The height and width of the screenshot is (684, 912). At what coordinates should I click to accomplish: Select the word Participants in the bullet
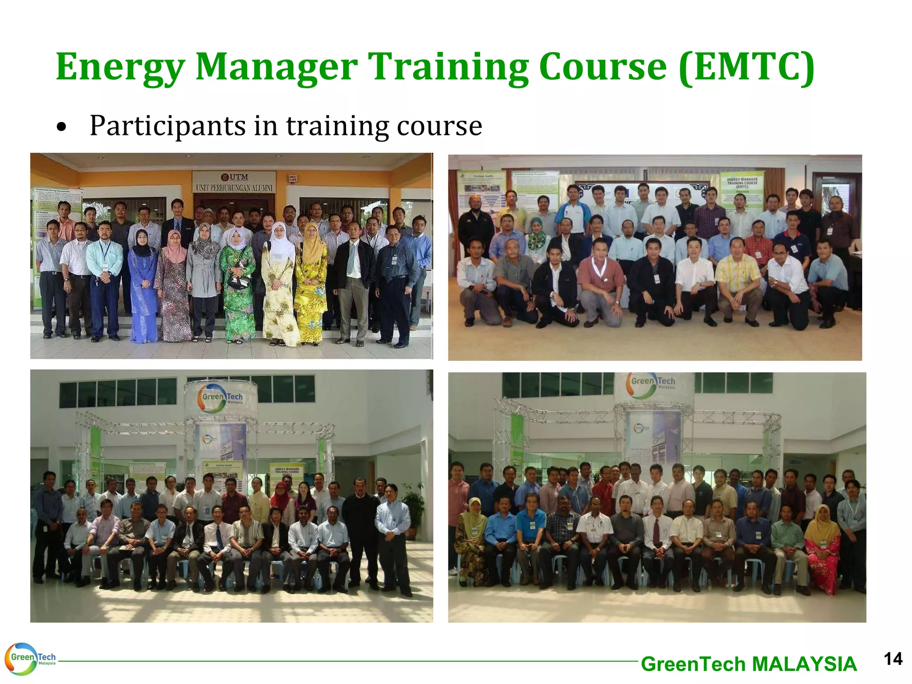[x=167, y=126]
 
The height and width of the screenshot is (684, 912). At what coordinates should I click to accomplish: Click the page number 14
[x=892, y=659]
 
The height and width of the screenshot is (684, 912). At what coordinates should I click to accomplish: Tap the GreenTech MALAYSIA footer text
[x=749, y=664]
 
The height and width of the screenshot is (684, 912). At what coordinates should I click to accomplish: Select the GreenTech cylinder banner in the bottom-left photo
[x=221, y=397]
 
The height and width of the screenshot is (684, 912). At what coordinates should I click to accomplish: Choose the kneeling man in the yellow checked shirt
[x=738, y=281]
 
